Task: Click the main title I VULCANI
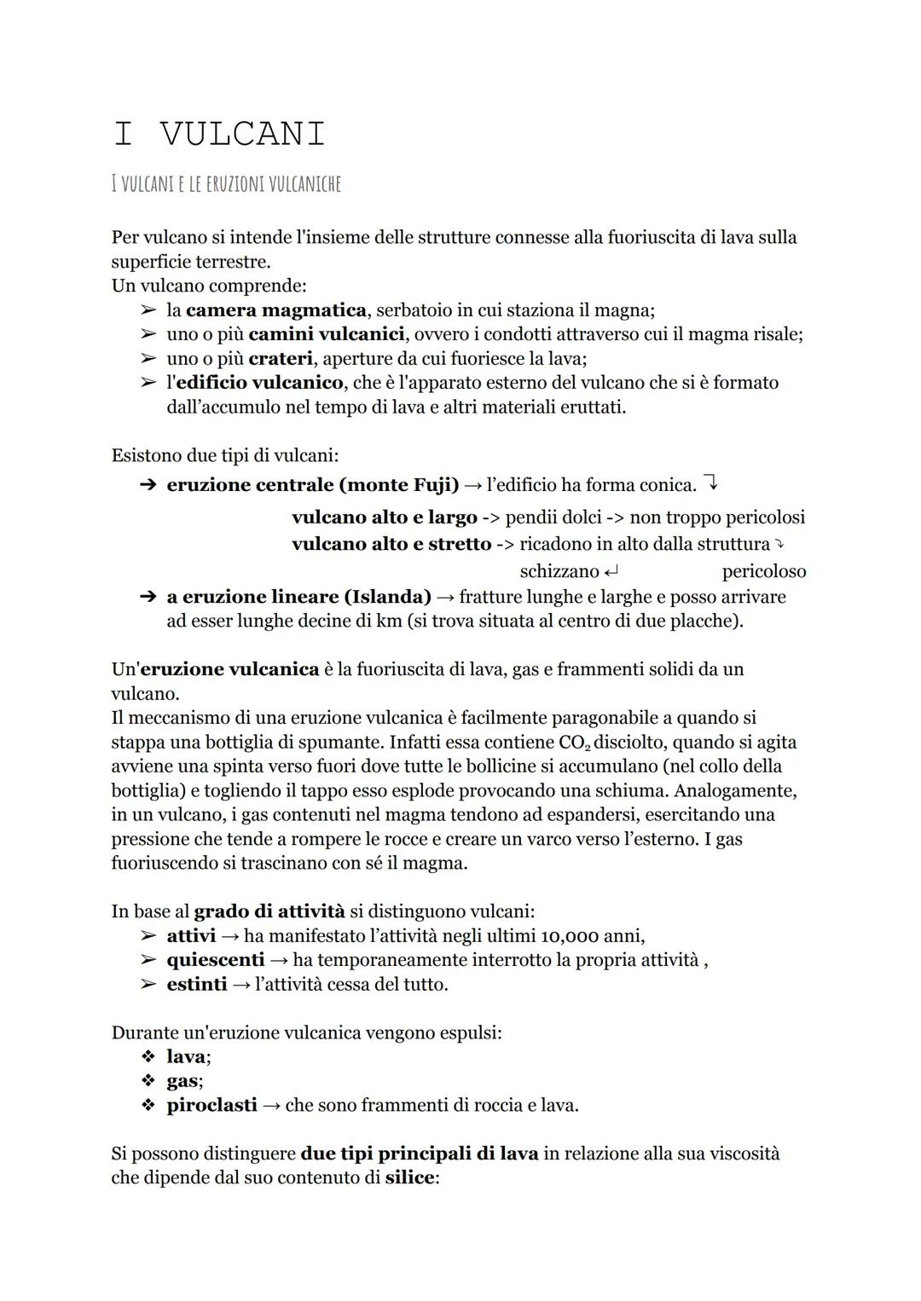tap(218, 134)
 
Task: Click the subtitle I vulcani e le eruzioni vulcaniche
tap(226, 183)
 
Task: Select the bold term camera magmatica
tap(275, 309)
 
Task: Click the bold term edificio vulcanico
tap(258, 383)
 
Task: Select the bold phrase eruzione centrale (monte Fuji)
tap(312, 485)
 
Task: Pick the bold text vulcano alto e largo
tap(384, 518)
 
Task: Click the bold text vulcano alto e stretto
tap(391, 544)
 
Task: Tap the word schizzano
tap(559, 571)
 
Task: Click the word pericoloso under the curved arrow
tap(763, 571)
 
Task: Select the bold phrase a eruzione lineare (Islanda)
tap(298, 597)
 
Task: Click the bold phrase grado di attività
tap(269, 911)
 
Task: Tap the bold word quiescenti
tap(215, 960)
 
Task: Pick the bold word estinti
tap(196, 985)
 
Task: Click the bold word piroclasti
tap(211, 1106)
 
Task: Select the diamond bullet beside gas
tap(148, 1082)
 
